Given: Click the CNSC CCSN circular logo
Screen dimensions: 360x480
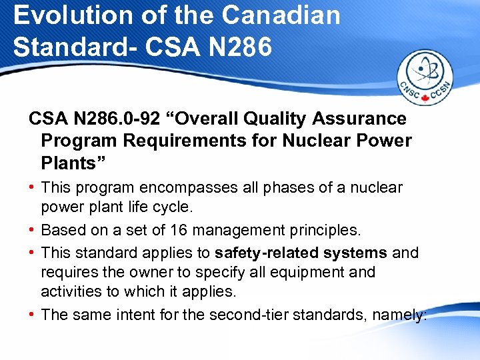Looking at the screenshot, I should pos(425,79).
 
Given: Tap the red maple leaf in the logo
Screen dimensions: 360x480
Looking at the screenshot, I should pos(425,99).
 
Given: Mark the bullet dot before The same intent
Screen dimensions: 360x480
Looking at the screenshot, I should pos(32,314).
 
